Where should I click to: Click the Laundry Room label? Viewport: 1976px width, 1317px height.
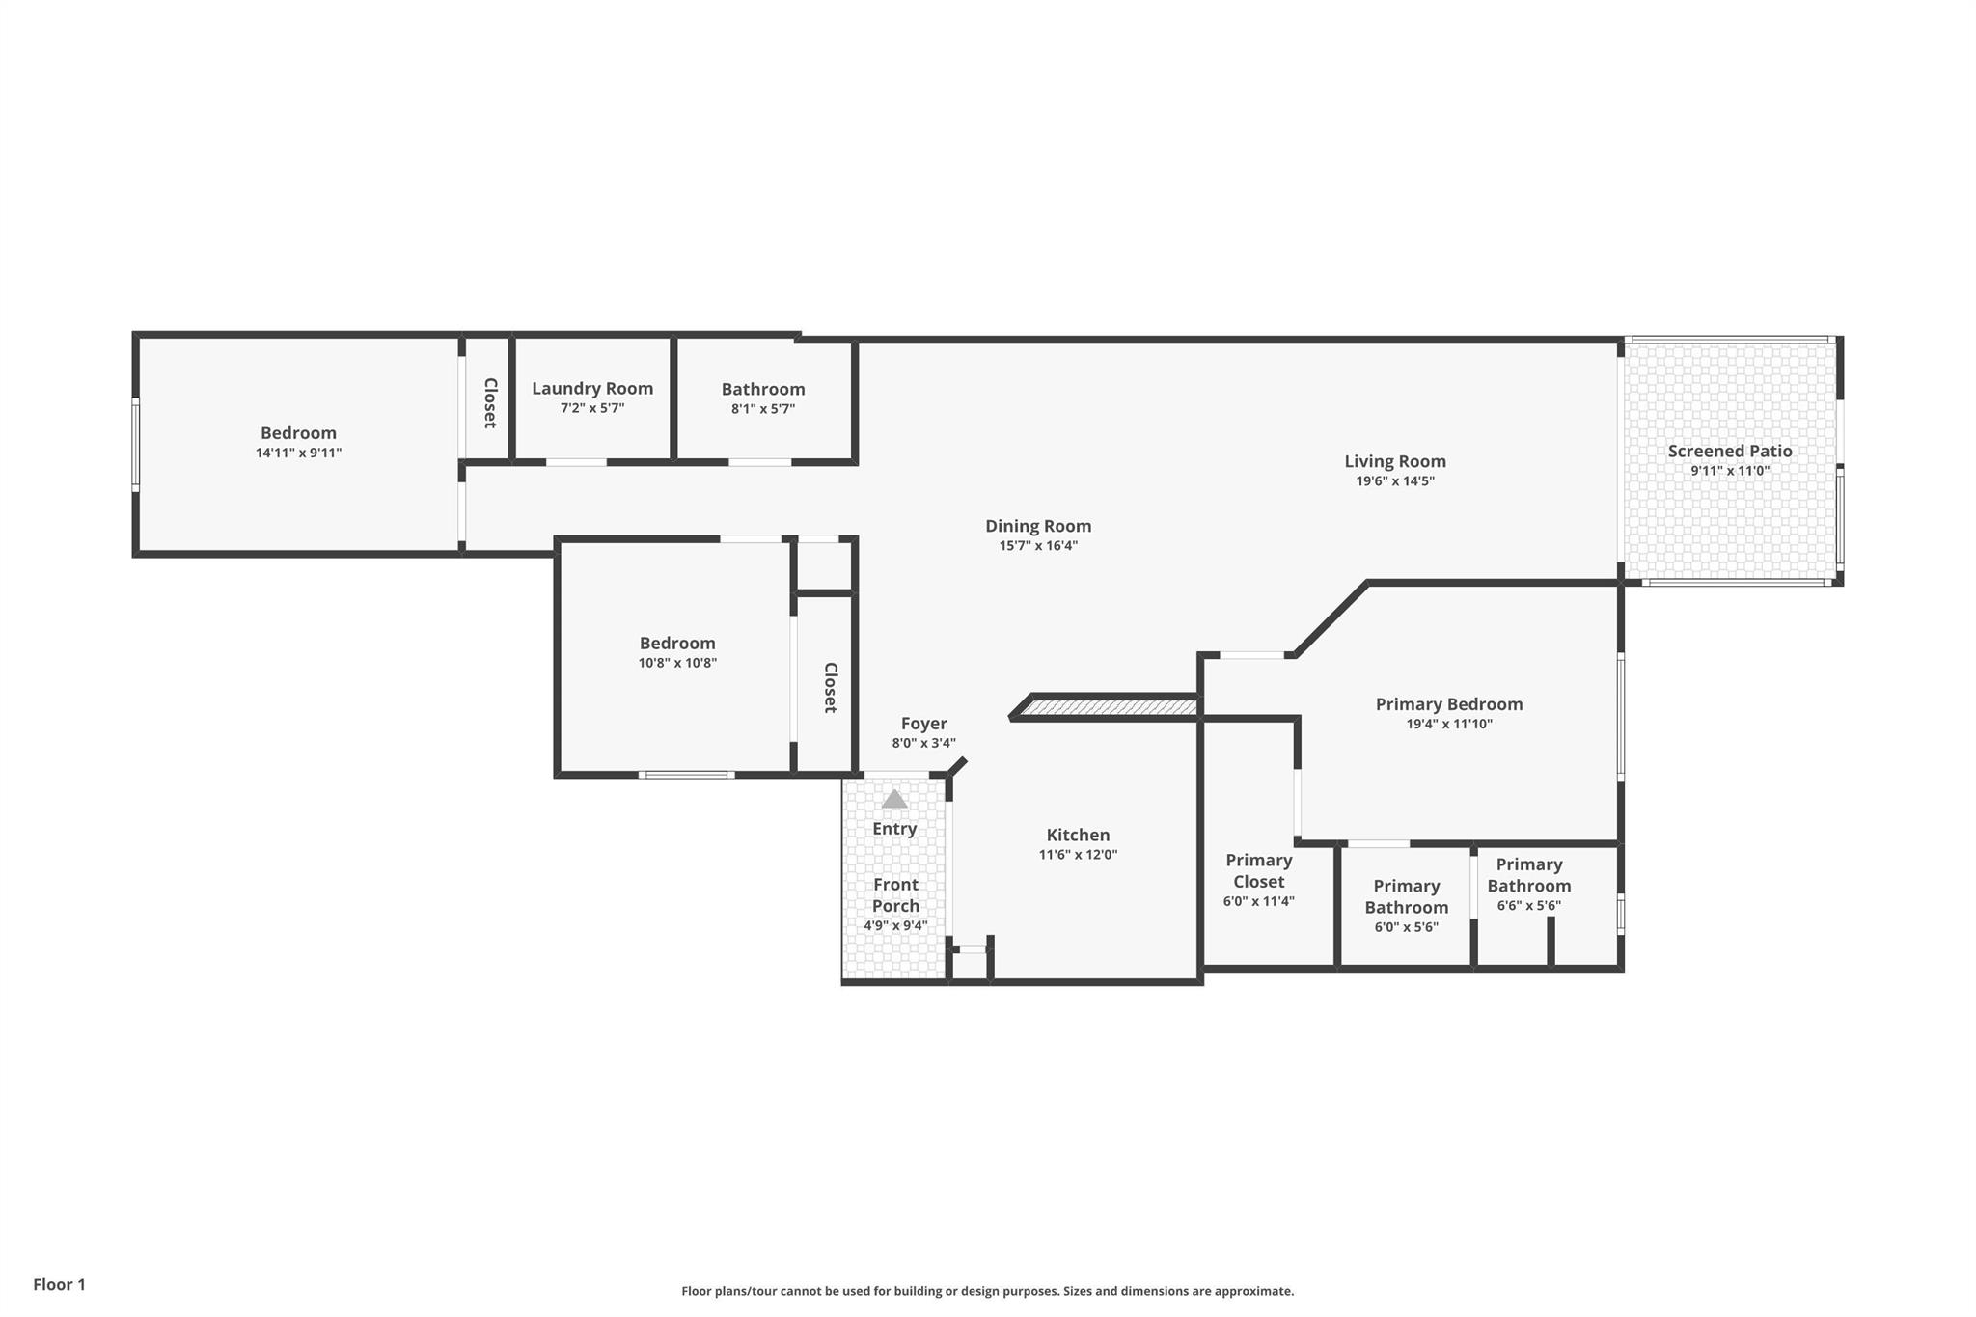[x=592, y=389]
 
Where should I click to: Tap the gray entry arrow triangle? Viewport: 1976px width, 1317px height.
[x=894, y=799]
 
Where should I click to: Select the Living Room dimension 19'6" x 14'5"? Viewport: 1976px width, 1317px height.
[x=1395, y=481]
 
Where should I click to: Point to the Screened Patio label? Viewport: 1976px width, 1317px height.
[x=1730, y=451]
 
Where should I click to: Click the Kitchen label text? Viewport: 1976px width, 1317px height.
[x=1078, y=835]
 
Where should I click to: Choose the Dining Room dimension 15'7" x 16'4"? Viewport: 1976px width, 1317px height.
[x=1038, y=546]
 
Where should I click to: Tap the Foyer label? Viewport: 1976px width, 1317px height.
[x=923, y=724]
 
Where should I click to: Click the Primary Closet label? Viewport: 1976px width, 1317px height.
[x=1259, y=870]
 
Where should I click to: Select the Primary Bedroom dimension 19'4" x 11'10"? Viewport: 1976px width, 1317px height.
[x=1449, y=725]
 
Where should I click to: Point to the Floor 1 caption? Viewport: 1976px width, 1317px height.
[x=60, y=1284]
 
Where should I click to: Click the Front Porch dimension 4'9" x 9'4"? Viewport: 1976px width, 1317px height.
[x=895, y=926]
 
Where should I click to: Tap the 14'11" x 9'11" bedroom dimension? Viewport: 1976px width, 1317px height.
[x=298, y=453]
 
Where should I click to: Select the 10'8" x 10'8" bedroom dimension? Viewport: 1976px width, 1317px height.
[x=677, y=663]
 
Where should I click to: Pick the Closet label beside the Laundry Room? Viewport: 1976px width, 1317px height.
[x=490, y=403]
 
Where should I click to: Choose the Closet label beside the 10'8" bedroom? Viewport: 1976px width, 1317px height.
[x=830, y=688]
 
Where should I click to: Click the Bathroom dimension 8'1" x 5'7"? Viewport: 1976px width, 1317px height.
[x=763, y=409]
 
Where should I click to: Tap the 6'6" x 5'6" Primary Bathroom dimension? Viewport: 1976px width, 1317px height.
[x=1528, y=906]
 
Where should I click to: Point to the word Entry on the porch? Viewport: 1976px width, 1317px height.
[x=894, y=829]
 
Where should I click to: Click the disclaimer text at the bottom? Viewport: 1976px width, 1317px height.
[x=988, y=1291]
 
